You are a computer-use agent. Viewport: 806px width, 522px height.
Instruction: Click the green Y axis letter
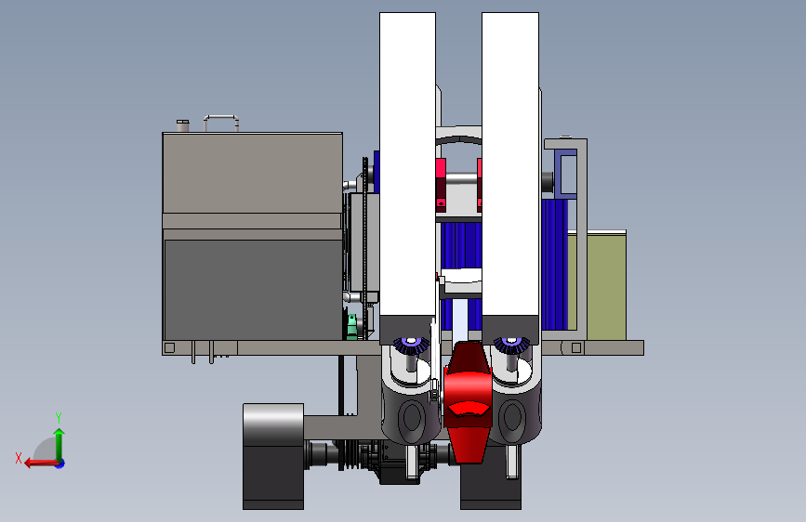coord(59,417)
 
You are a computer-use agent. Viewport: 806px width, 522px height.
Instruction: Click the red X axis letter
coord(19,458)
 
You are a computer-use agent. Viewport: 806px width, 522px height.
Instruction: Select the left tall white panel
coord(407,164)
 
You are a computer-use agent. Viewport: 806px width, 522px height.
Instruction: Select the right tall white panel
coord(510,164)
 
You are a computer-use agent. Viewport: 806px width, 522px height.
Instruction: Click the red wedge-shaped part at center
coord(468,400)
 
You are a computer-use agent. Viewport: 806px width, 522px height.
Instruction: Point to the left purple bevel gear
coord(411,345)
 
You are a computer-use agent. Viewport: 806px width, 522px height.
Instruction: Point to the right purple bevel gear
coord(511,345)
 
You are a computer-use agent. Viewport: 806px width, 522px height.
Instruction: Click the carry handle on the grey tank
coord(221,117)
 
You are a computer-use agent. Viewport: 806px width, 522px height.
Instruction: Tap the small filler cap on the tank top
coord(182,125)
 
